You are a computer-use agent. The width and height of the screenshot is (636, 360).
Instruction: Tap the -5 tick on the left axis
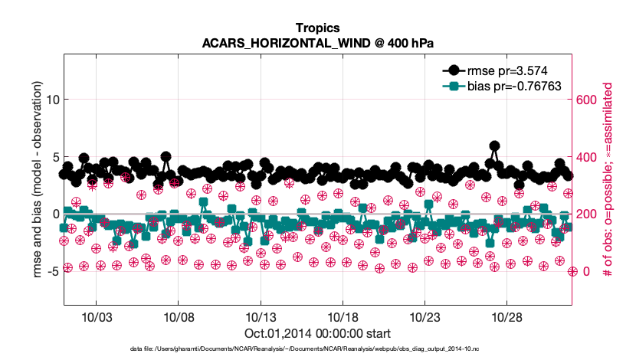[x=52, y=271]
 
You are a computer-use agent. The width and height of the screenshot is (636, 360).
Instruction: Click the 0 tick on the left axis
[x=55, y=214]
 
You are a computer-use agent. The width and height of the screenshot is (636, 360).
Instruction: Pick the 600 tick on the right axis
[x=587, y=100]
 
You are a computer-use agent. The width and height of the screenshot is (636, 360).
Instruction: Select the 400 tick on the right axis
[x=587, y=157]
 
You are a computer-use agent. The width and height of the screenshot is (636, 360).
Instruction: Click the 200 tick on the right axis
[x=587, y=214]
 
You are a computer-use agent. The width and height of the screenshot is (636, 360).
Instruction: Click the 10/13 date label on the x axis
[x=261, y=318]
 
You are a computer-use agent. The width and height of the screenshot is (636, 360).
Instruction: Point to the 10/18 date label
[x=343, y=318]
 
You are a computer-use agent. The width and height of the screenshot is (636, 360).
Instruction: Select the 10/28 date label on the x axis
[x=508, y=318]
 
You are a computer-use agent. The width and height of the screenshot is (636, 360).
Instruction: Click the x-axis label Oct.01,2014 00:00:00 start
[x=317, y=333]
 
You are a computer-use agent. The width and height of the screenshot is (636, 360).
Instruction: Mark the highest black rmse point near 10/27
[x=494, y=146]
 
